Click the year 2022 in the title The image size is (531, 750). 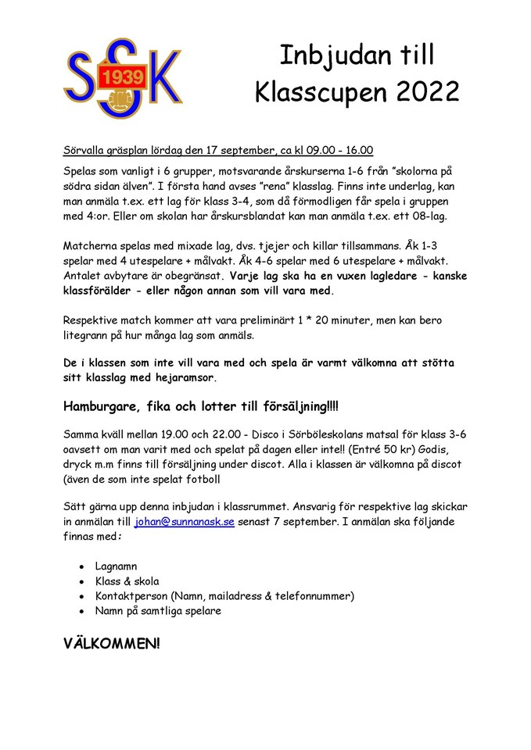click(x=427, y=92)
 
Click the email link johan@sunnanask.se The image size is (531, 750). click(x=184, y=522)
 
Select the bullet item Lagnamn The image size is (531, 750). click(x=117, y=566)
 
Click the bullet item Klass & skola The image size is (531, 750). click(x=127, y=581)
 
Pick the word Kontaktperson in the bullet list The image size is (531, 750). click(x=131, y=596)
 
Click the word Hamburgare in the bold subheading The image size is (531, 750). click(x=104, y=408)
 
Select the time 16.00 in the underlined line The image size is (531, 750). click(x=357, y=151)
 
